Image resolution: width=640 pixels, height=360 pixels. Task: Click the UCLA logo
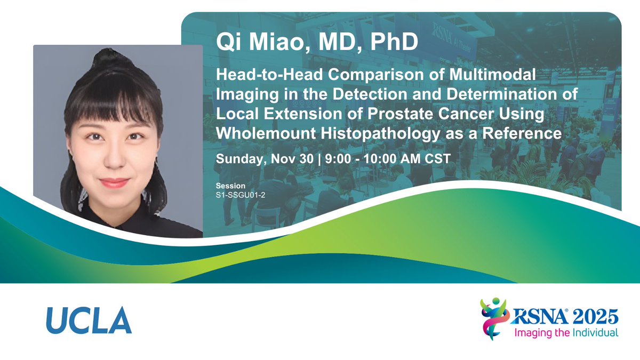pos(89,321)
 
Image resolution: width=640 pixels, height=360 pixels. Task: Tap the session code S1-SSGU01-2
pos(241,195)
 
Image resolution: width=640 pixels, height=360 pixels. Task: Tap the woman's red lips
pos(114,183)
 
